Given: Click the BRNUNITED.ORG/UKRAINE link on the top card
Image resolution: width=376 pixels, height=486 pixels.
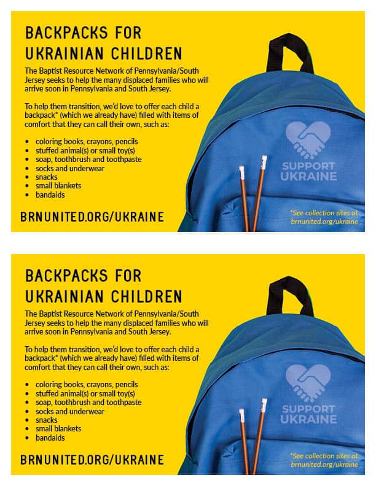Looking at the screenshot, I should pos(92,216).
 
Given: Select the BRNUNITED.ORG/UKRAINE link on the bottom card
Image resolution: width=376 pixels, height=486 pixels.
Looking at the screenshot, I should pos(92,460).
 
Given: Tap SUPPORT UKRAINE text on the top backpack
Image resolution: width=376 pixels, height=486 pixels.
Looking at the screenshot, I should pos(309,171).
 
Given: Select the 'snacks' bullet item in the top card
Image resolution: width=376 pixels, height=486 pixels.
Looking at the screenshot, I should pos(46,177).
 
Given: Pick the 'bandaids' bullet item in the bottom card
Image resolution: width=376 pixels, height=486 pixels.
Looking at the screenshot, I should pos(50,438).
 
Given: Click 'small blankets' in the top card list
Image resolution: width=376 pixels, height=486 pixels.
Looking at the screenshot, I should pos(58,185).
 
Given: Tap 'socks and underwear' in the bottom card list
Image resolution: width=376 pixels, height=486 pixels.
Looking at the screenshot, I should pos(70,411).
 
